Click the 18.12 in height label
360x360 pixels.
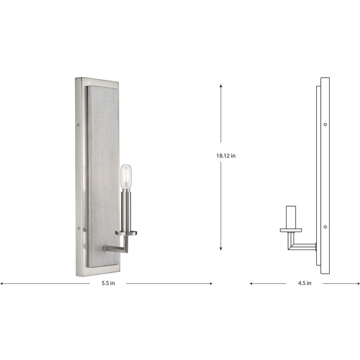226,155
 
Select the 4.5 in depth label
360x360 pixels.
305,283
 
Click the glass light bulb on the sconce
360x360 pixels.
125,176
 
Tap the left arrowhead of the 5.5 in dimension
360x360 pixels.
2,283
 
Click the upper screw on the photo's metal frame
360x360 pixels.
78,124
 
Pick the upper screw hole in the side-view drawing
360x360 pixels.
325,124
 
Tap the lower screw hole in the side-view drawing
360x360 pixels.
325,226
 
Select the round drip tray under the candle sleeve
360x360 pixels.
126,233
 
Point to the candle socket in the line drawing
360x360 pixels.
291,217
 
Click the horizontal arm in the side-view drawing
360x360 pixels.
303,246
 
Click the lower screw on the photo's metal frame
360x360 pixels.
78,227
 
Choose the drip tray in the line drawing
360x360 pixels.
291,230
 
